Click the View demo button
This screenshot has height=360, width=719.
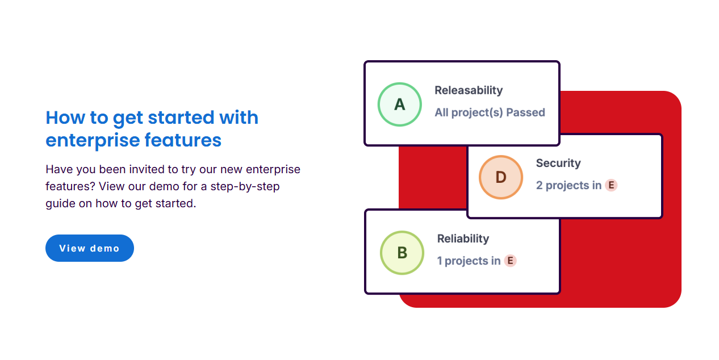(x=90, y=248)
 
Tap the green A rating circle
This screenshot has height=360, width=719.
(x=400, y=104)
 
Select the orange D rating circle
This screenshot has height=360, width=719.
(x=501, y=177)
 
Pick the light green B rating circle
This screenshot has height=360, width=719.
(x=402, y=253)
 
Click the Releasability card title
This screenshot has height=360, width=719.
(x=469, y=90)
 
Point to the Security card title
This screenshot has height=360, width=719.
(x=558, y=163)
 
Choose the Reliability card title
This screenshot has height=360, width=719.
(x=463, y=238)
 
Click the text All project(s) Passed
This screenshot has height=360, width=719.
(x=490, y=112)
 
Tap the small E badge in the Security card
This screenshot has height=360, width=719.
(x=611, y=185)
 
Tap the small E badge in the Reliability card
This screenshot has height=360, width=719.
(x=511, y=261)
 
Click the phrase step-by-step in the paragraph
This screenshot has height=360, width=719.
(x=245, y=186)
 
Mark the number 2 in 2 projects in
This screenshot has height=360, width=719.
(x=540, y=186)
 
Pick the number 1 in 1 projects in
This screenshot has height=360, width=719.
(x=439, y=261)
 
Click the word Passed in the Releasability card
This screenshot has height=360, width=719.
(x=526, y=112)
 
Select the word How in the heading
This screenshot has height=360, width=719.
(x=65, y=118)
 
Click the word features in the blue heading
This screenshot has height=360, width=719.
(x=183, y=140)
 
